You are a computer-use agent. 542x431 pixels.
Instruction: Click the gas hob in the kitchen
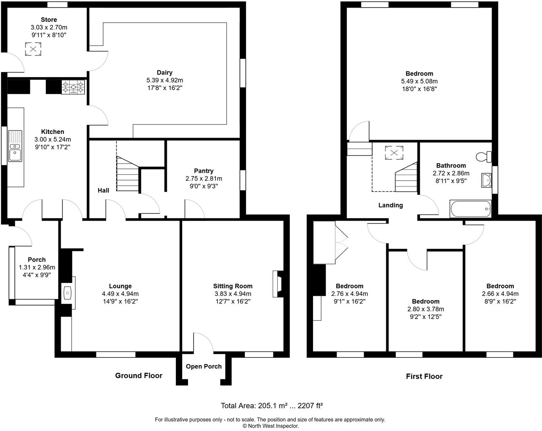coord(74,87)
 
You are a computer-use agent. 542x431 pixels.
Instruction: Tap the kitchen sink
coord(15,146)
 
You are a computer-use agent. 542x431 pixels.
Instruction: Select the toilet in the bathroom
coord(484,157)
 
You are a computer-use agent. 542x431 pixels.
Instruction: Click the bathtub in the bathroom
coord(470,209)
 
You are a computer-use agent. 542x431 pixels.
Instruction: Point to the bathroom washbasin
coord(487,180)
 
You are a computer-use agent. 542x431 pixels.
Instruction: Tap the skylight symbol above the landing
coord(394,153)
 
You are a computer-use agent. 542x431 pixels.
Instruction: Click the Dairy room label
coord(165,72)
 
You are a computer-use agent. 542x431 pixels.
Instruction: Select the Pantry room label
coord(204,171)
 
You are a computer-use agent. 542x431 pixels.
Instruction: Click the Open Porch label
coord(204,366)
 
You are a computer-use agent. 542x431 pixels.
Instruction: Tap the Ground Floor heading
coord(139,375)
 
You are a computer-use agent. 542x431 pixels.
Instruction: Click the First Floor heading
coord(424,376)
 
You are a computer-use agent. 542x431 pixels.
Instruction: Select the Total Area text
coord(272,406)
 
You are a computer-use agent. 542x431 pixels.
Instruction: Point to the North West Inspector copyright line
coord(271,426)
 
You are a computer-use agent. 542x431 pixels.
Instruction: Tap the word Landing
coord(391,205)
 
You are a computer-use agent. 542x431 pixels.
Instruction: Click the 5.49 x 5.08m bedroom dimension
coord(419,81)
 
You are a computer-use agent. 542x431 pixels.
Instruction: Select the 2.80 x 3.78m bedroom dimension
coord(426,309)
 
